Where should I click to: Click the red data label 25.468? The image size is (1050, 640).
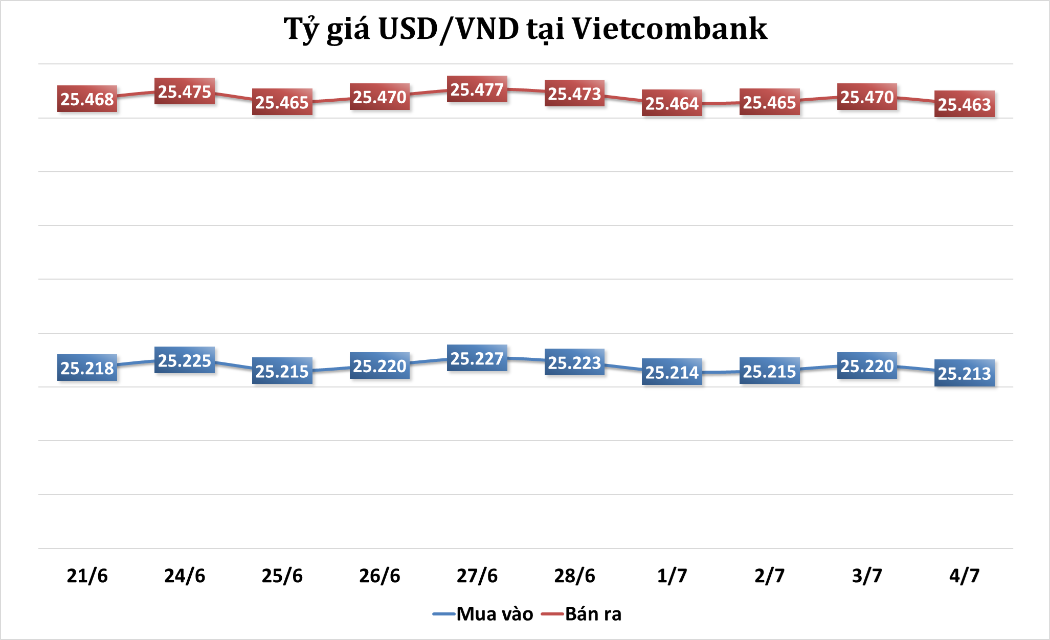[x=87, y=99]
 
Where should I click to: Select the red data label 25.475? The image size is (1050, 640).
[x=185, y=92]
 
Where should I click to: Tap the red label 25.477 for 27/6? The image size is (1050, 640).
[x=477, y=89]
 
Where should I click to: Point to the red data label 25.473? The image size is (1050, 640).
[x=574, y=94]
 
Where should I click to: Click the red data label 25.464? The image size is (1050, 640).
[x=672, y=103]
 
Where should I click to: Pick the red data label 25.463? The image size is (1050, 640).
[x=965, y=104]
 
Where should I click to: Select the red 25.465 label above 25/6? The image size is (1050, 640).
[x=282, y=102]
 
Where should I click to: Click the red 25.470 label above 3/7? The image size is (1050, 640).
[x=867, y=97]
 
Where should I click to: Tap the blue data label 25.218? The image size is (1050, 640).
[x=87, y=368]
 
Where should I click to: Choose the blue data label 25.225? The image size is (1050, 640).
[x=185, y=360]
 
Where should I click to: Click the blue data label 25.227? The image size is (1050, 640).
[x=477, y=358]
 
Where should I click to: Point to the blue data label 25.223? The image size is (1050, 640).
[x=574, y=362]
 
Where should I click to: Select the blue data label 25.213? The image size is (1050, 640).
[x=965, y=373]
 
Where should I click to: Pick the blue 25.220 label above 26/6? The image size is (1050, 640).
[x=379, y=366]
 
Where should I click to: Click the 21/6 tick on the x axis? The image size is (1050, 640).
[x=87, y=576]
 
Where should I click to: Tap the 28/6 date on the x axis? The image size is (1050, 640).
[x=574, y=576]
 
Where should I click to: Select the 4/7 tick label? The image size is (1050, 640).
[x=965, y=576]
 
